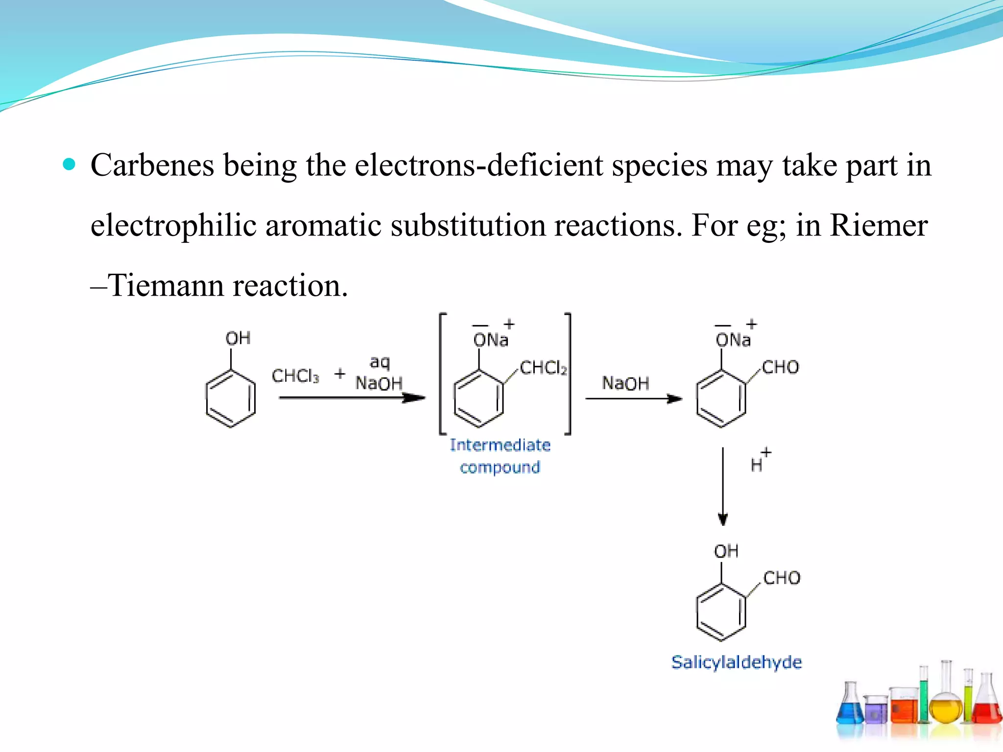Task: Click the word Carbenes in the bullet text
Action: pos(152,165)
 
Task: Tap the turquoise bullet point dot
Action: pos(70,164)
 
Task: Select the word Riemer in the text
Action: pos(879,226)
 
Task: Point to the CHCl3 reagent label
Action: pos(295,376)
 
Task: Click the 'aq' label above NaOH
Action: pos(380,363)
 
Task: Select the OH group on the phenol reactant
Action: pos(238,338)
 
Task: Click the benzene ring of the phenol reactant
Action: pos(231,399)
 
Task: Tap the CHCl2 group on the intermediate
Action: pos(543,368)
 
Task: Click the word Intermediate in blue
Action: pos(500,445)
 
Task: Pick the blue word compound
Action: pos(500,468)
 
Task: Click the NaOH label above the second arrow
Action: pos(625,383)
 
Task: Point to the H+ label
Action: pos(759,461)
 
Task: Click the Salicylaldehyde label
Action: pos(737,662)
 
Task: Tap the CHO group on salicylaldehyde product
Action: pos(782,578)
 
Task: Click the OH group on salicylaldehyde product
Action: pos(726,552)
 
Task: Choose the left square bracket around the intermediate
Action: pos(442,374)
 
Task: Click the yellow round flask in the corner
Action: pos(945,710)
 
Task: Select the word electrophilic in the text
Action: pos(173,226)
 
